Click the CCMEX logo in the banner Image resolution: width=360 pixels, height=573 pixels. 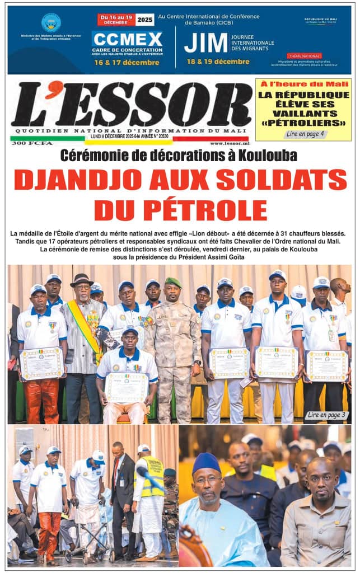tap(127, 39)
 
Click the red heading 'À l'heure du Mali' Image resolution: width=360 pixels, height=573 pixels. tap(303, 84)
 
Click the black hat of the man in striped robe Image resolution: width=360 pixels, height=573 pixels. tap(82, 279)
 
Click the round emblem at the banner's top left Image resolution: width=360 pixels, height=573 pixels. tap(51, 23)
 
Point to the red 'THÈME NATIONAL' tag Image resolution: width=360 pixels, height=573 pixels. tap(304, 56)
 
